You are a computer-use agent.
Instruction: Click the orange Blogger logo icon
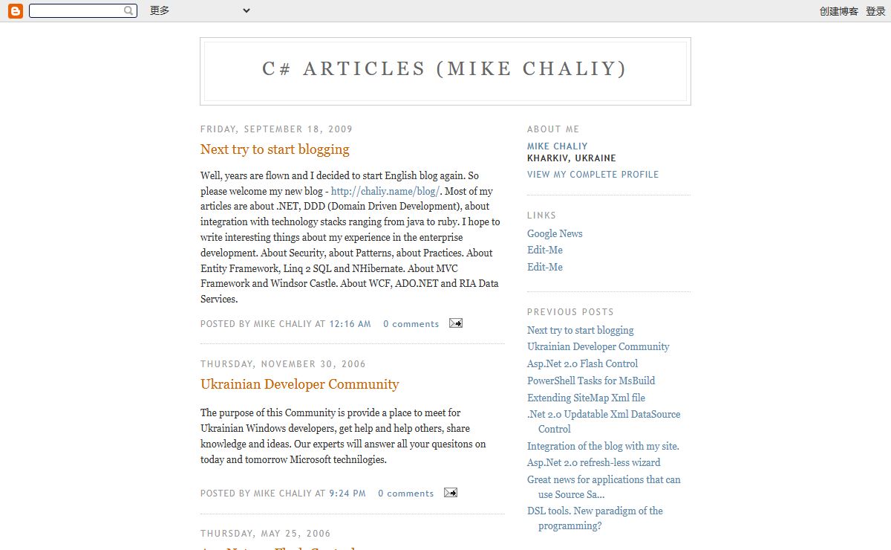(15, 11)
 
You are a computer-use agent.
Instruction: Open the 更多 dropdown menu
(199, 11)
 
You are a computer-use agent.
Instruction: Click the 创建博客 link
(838, 11)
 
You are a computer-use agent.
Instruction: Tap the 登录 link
(875, 11)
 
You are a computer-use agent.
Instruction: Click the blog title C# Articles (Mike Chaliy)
(445, 69)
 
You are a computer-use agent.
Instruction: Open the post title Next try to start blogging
(275, 149)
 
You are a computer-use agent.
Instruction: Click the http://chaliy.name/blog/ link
(385, 191)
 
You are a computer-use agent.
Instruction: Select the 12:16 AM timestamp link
(350, 324)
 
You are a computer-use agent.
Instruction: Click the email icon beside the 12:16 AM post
(456, 323)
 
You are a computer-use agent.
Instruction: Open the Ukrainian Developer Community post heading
(299, 384)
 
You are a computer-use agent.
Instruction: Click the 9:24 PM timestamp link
(347, 494)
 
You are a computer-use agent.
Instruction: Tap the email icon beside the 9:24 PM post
(451, 493)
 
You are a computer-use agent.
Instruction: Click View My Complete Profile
(593, 175)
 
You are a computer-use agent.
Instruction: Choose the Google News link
(555, 233)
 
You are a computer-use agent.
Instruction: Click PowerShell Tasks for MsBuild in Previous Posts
(591, 381)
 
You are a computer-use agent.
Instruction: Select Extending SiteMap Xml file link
(586, 398)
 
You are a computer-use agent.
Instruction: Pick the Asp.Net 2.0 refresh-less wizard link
(593, 462)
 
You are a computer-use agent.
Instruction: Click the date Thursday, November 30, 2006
(283, 364)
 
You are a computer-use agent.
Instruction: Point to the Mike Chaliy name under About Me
(557, 146)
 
